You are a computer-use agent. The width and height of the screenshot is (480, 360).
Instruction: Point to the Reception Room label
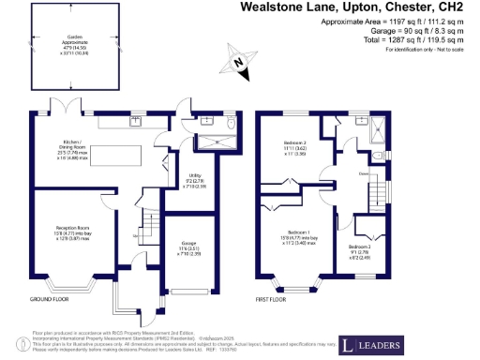(66, 230)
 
